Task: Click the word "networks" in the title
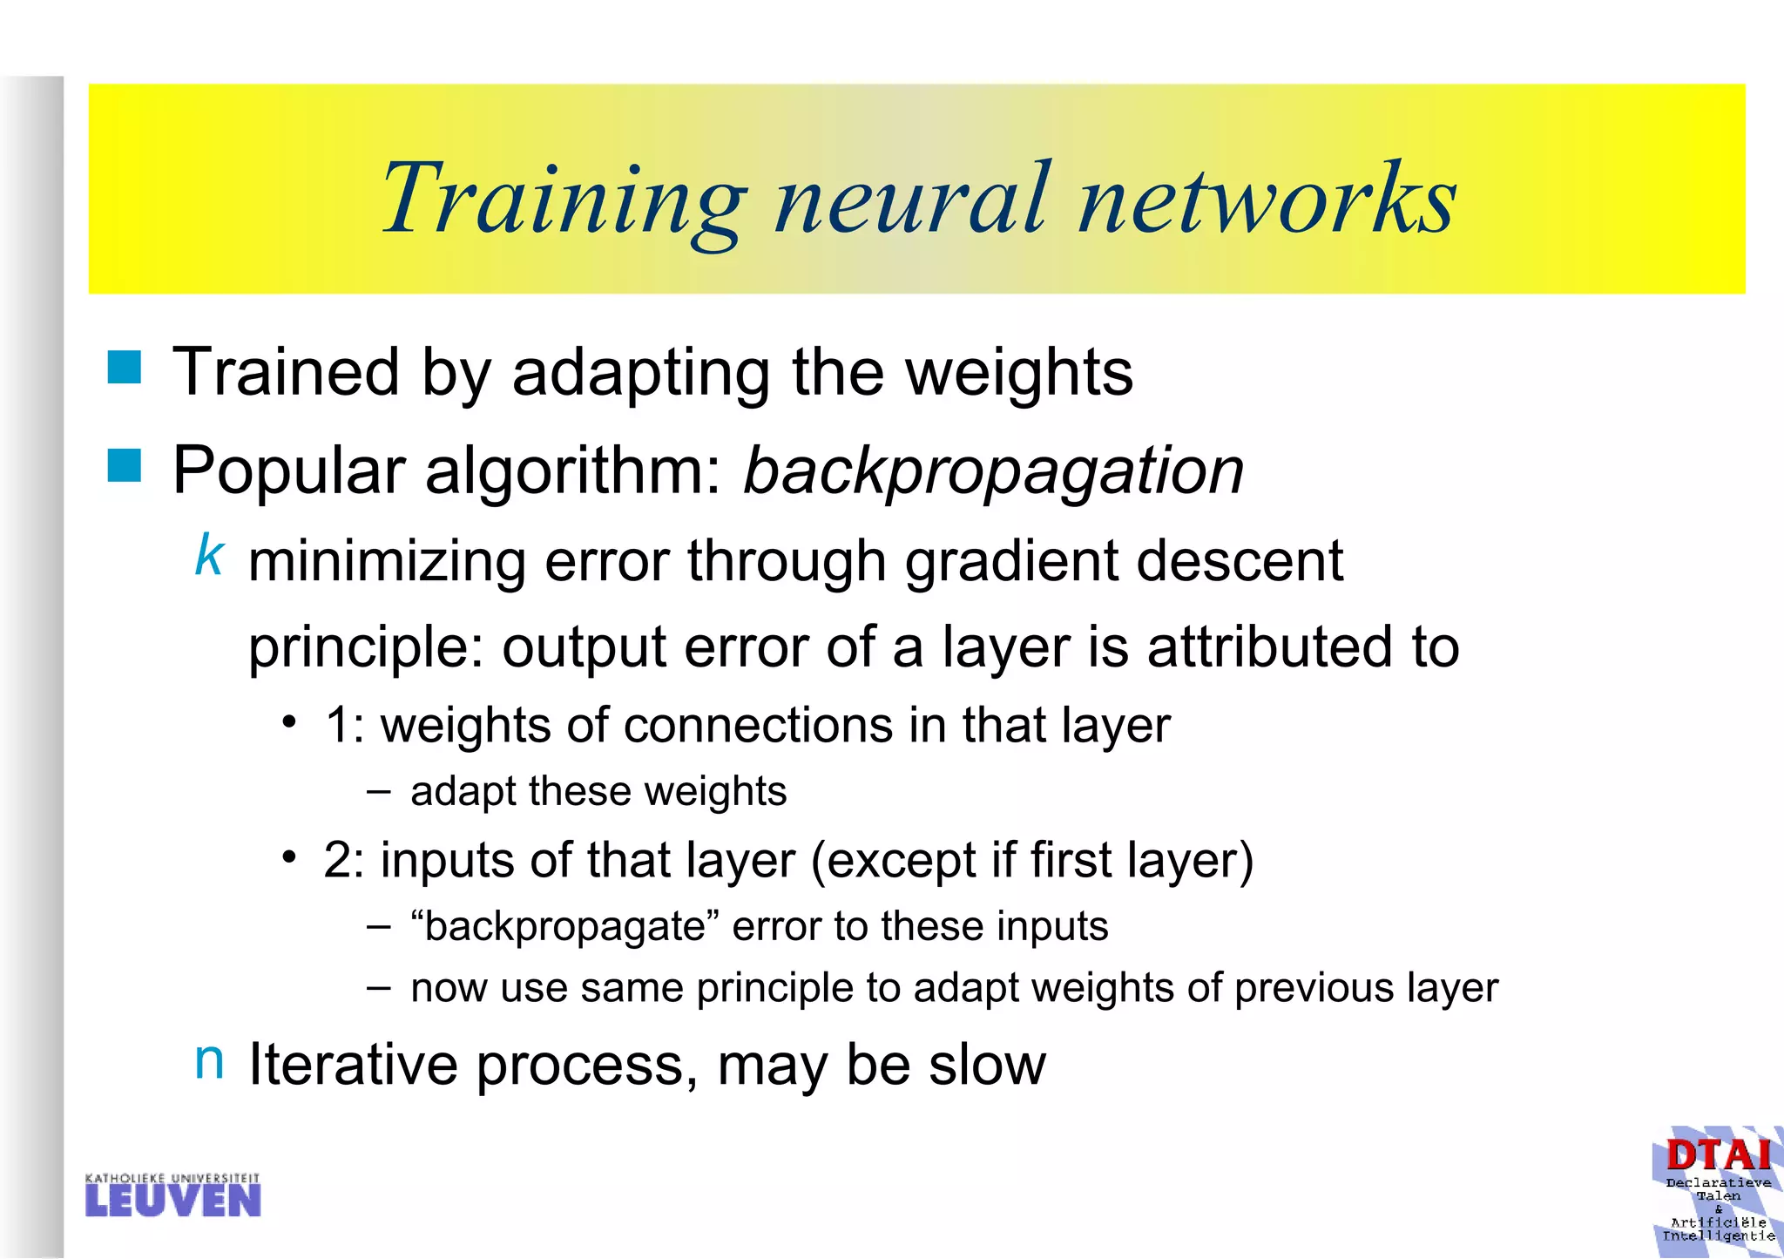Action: (x=1267, y=200)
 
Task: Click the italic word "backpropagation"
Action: (x=993, y=471)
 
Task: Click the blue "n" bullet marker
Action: (x=209, y=1060)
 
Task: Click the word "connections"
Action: (x=758, y=726)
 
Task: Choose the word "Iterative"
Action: (x=353, y=1065)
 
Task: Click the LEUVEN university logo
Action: (x=173, y=1195)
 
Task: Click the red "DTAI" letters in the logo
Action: (x=1718, y=1156)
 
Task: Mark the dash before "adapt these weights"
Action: (x=378, y=791)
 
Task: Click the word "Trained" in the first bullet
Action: (x=286, y=373)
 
